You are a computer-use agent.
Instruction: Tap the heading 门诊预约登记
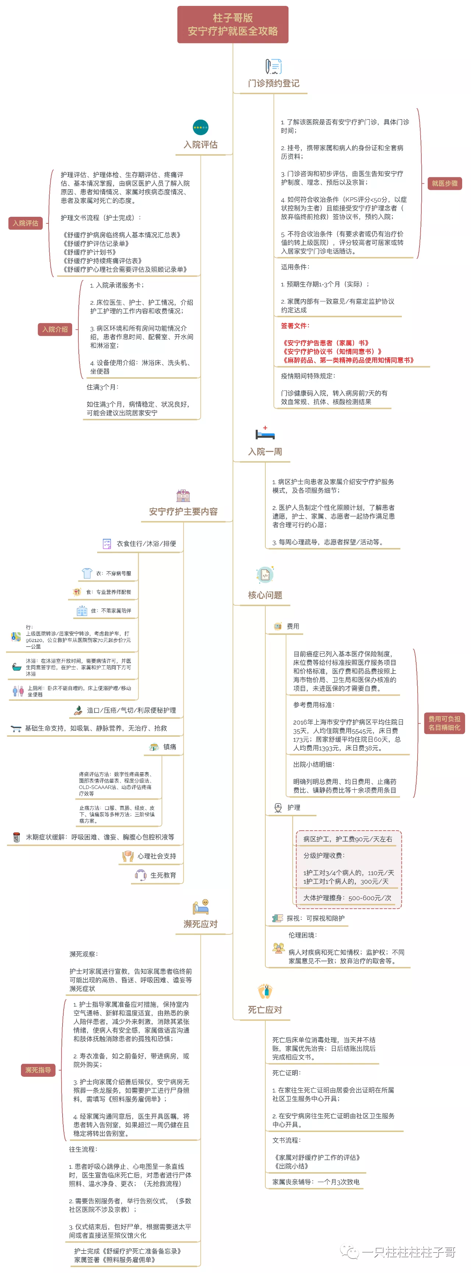[273, 84]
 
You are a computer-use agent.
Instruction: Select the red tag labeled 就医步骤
[444, 183]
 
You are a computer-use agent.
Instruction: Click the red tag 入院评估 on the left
[26, 223]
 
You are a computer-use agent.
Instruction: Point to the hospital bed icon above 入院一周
[265, 434]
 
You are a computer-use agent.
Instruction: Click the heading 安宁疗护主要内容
[183, 512]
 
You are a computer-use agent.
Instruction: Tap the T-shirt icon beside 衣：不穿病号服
[87, 573]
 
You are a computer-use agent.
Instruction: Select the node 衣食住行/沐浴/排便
[146, 544]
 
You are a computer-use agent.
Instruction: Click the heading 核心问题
[265, 595]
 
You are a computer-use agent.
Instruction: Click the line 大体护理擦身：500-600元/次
[347, 898]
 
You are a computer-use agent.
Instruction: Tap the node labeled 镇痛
[170, 747]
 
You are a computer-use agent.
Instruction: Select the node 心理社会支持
[156, 856]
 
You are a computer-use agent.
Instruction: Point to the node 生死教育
[163, 875]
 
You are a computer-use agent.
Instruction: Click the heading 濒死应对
[200, 924]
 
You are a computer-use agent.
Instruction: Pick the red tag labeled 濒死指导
[38, 1070]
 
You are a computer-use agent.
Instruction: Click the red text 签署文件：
[295, 326]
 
